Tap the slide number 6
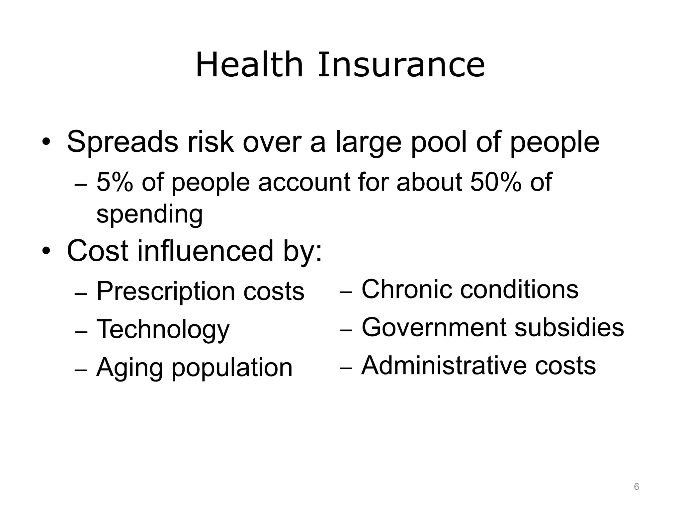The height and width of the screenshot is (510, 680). coord(637,487)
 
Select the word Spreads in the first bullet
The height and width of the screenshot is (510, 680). coord(122,142)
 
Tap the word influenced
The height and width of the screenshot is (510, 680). coord(205,251)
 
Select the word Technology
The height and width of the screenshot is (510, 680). coord(163,329)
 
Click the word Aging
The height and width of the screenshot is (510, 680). coord(129,368)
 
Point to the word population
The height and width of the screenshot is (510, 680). coord(232,368)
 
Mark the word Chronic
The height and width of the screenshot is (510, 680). coord(406,289)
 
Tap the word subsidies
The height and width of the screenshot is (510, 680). coord(569,327)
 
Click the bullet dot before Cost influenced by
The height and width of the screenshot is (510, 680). coord(46,251)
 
